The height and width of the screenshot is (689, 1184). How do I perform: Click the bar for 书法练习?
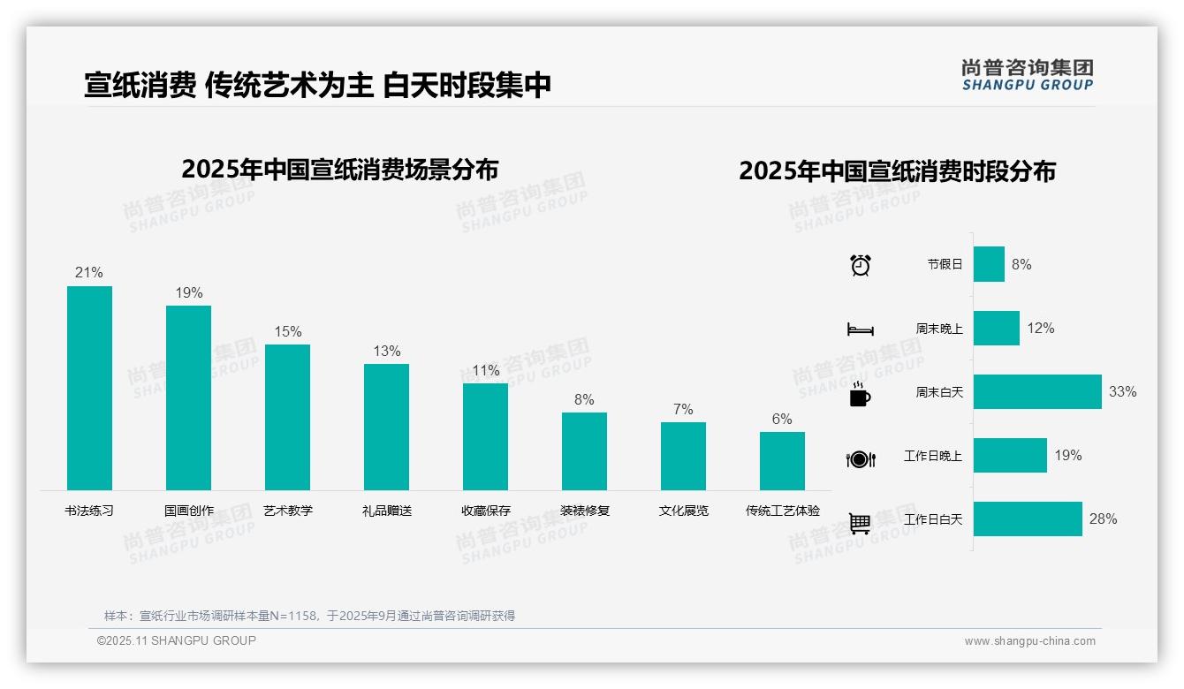click(89, 388)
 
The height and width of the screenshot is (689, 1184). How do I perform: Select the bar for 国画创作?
click(188, 397)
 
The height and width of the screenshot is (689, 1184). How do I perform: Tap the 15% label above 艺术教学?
click(287, 332)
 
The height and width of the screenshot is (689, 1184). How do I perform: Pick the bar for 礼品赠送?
click(386, 427)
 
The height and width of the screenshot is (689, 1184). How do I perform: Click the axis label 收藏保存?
click(485, 511)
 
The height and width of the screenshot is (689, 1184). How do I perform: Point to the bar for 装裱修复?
click(584, 450)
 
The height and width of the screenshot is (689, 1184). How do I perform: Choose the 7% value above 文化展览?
click(683, 410)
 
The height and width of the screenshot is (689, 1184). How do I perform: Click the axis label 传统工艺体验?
click(782, 511)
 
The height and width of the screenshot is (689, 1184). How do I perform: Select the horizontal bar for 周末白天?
click(1037, 391)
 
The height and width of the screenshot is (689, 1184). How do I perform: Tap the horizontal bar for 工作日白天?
click(1028, 519)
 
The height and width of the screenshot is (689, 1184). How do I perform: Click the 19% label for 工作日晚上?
click(1067, 456)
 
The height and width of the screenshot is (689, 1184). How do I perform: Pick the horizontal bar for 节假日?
click(989, 264)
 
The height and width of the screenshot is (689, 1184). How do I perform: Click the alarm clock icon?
click(860, 265)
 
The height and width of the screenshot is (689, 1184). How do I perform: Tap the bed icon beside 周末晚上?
click(860, 329)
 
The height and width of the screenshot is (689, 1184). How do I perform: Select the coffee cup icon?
click(860, 394)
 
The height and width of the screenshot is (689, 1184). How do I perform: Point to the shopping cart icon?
click(860, 523)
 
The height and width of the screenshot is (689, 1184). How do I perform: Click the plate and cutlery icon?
click(860, 458)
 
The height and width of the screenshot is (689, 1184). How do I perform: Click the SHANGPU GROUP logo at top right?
click(1027, 75)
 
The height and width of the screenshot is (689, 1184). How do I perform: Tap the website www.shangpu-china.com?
click(1029, 641)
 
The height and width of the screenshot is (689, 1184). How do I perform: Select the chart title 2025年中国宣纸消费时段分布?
click(897, 171)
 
